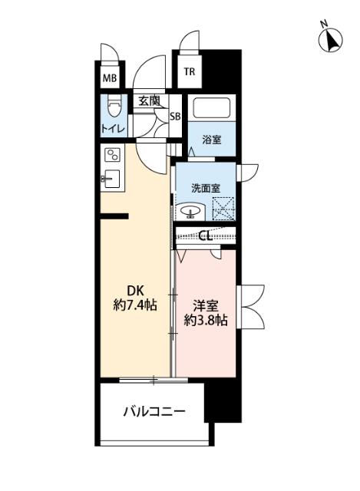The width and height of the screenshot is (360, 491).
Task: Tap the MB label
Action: pos(111,78)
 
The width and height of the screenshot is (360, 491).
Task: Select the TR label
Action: pos(188,74)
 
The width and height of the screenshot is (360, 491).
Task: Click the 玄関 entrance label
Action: pos(149,100)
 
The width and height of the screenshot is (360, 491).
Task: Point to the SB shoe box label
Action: pos(175,117)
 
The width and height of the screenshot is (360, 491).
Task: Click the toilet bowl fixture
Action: pos(114,105)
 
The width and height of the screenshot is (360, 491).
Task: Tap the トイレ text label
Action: pos(114,128)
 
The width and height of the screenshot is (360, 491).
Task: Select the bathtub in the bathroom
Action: pos(212,109)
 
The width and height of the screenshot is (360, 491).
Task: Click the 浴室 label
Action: pos(211,139)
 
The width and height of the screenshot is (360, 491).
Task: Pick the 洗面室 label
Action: pos(206,186)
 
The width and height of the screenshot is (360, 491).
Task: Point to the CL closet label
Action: pos(205,236)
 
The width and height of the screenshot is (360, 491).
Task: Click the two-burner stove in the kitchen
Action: pos(113,156)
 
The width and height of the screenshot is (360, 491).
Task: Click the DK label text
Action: pos(135,291)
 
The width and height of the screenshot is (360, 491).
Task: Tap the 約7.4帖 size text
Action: pos(135,306)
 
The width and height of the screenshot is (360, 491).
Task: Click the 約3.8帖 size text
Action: pos(205,321)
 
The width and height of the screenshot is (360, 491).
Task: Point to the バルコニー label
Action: pos(154,412)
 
